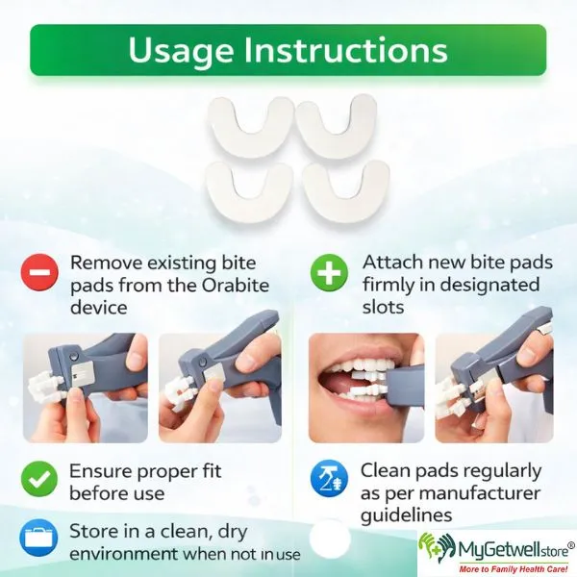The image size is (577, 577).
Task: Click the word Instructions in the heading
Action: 345,49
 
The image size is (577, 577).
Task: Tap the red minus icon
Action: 39,273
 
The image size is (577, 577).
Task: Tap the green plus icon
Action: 329,273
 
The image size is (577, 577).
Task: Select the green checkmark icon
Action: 39,479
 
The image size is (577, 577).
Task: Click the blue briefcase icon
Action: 38,538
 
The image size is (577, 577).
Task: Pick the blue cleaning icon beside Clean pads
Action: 329,479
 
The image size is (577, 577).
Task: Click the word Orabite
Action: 236,286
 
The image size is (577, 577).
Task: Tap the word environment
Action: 124,554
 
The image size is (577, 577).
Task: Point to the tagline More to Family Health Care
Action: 514,569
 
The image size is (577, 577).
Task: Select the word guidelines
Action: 406,515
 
